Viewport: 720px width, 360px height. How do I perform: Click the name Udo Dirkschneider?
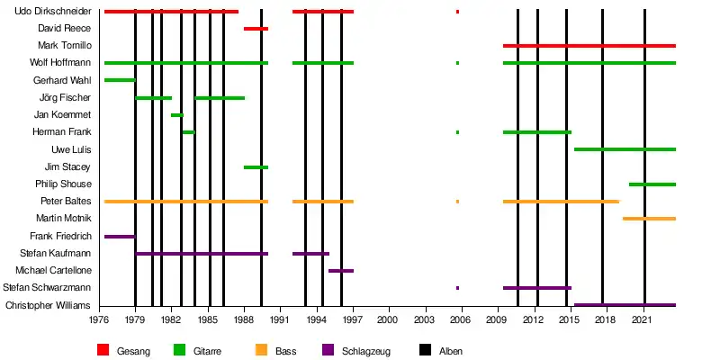pyautogui.click(x=51, y=12)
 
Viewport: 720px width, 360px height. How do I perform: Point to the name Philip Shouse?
pyautogui.click(x=64, y=184)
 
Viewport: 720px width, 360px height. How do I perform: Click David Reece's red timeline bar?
pyautogui.click(x=256, y=29)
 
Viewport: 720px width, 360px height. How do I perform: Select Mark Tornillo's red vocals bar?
pyautogui.click(x=589, y=45)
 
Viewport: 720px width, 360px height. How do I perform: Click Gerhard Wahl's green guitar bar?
pyautogui.click(x=119, y=80)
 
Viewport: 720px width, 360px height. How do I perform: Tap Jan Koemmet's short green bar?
pyautogui.click(x=176, y=115)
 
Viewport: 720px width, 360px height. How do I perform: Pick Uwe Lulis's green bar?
pyautogui.click(x=624, y=149)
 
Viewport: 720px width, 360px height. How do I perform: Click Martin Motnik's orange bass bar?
pyautogui.click(x=648, y=219)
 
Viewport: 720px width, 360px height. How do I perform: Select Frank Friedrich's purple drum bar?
pyautogui.click(x=119, y=237)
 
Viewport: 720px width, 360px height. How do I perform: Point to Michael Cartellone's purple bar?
pyautogui.click(x=340, y=271)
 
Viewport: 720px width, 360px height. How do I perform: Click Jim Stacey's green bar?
pyautogui.click(x=256, y=167)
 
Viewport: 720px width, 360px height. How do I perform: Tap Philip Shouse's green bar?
pyautogui.click(x=652, y=184)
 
